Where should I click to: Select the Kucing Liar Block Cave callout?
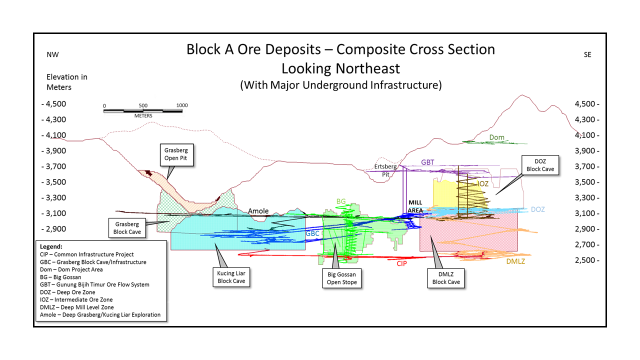(x=231, y=277)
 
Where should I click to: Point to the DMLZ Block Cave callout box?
(x=446, y=277)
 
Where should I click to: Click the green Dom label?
(x=496, y=137)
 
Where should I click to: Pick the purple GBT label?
(x=427, y=162)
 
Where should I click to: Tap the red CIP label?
(x=401, y=263)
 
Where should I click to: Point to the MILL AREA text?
(x=415, y=206)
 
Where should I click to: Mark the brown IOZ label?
(x=482, y=184)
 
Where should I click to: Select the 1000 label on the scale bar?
(x=182, y=105)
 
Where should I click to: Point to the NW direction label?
(x=52, y=55)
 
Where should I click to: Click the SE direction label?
(x=587, y=55)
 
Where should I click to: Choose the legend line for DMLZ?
(x=76, y=307)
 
